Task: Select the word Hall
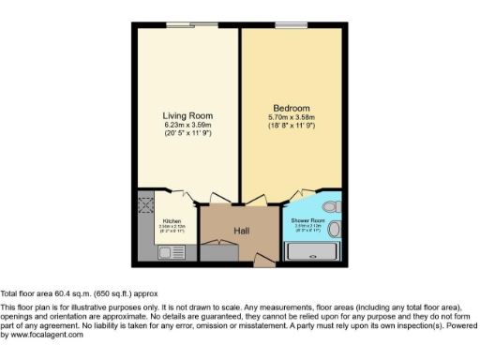(x=241, y=230)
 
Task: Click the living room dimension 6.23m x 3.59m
(x=187, y=126)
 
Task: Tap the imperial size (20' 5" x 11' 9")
(x=187, y=135)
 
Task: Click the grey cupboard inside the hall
(x=220, y=252)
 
